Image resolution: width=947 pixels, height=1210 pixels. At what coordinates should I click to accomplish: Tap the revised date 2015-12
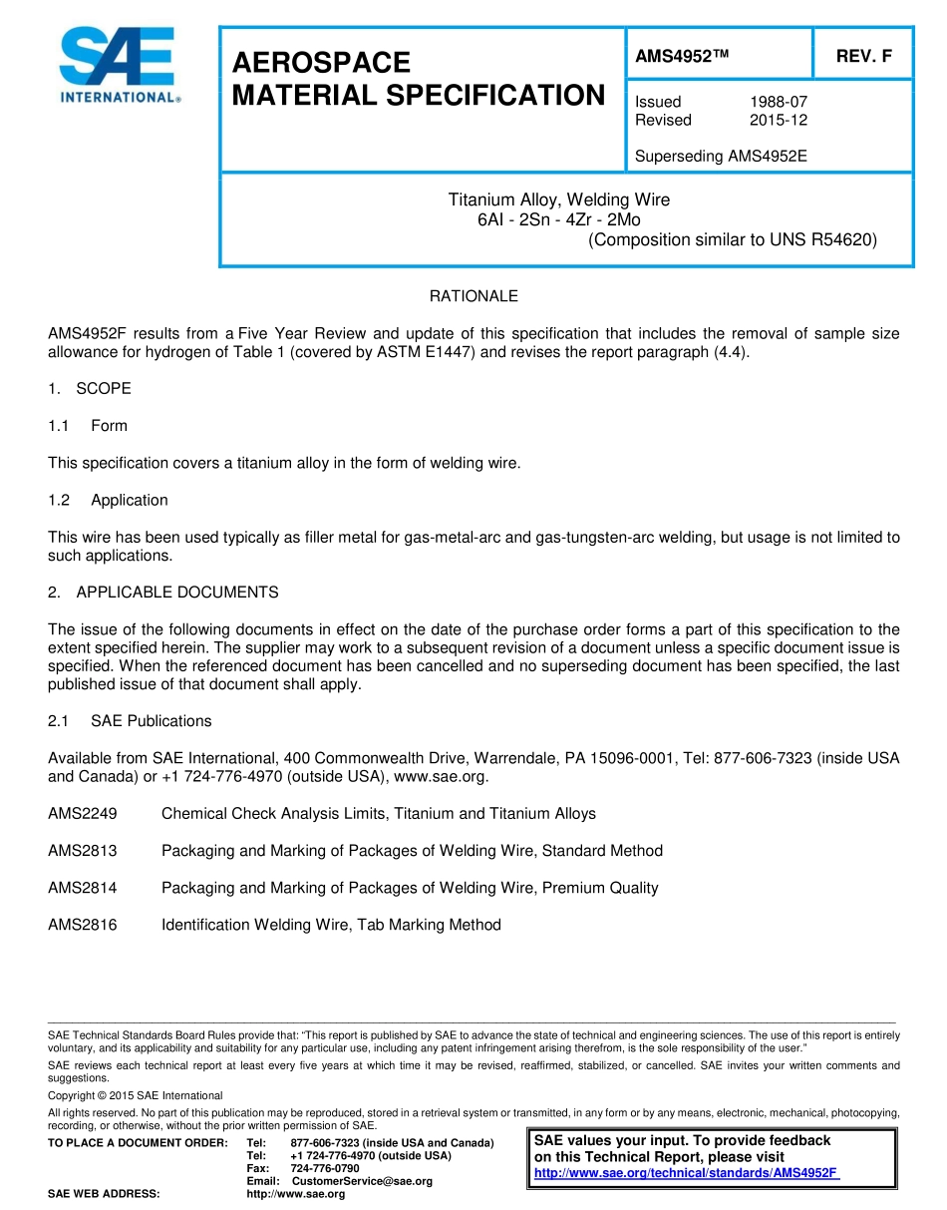pyautogui.click(x=778, y=120)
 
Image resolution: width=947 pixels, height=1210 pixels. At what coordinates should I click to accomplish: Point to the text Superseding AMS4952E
pyautogui.click(x=720, y=156)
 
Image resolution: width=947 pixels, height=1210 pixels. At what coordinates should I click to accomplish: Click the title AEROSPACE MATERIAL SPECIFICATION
pyautogui.click(x=418, y=79)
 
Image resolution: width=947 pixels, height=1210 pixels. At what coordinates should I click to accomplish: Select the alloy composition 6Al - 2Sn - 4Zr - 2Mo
pyautogui.click(x=558, y=219)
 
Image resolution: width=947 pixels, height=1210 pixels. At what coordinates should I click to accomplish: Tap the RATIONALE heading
pyautogui.click(x=473, y=296)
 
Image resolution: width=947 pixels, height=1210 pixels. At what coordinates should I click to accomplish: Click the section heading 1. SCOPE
pyautogui.click(x=90, y=388)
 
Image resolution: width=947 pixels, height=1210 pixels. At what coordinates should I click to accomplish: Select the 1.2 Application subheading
pyautogui.click(x=109, y=500)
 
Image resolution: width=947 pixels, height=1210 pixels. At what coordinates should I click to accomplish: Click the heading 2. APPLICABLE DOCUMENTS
pyautogui.click(x=163, y=593)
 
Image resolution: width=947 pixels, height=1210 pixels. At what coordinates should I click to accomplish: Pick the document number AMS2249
pyautogui.click(x=83, y=813)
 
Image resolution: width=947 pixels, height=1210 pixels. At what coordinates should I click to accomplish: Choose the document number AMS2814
pyautogui.click(x=83, y=888)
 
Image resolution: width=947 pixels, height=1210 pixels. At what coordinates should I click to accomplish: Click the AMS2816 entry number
pyautogui.click(x=83, y=925)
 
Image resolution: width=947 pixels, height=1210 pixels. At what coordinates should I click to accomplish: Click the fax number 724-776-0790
pyautogui.click(x=324, y=1168)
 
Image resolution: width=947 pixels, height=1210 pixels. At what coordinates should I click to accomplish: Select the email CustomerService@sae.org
pyautogui.click(x=362, y=1181)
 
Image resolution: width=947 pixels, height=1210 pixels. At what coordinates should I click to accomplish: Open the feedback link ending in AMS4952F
pyautogui.click(x=686, y=1173)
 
